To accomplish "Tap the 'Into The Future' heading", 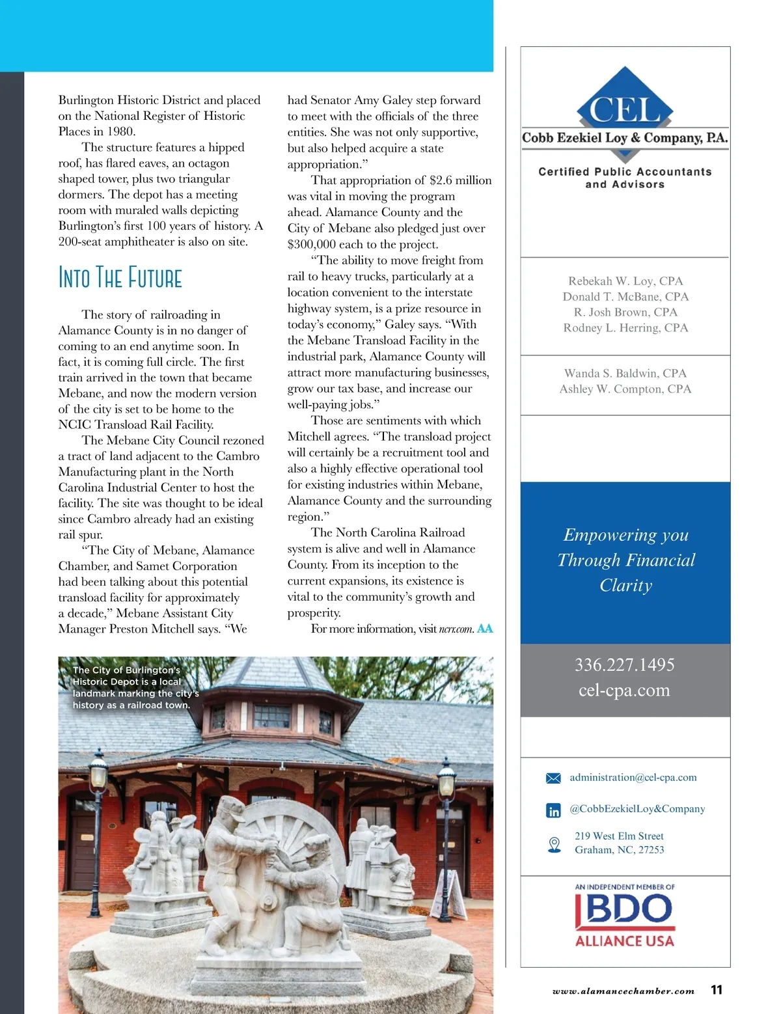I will [120, 277].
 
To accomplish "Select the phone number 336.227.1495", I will [624, 665].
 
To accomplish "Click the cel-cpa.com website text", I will [624, 690].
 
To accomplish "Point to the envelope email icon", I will [553, 778].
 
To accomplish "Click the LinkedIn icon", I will [553, 810].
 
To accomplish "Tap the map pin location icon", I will [554, 844].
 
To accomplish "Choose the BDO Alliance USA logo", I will [625, 914].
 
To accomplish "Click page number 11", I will [717, 990].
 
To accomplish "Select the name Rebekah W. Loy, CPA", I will [625, 281].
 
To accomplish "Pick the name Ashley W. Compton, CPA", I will [625, 389].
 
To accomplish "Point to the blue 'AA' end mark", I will [485, 629].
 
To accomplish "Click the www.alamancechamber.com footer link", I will [623, 991].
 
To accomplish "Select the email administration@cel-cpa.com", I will [633, 778].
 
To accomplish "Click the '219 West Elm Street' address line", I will [619, 836].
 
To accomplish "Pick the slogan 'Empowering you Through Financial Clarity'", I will [625, 560].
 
